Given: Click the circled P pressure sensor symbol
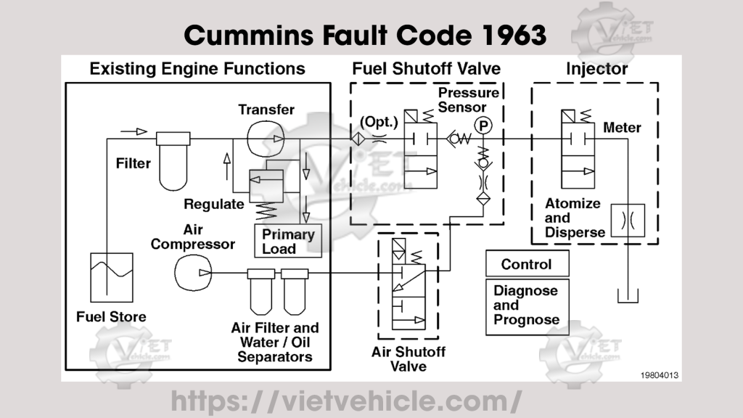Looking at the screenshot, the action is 483,126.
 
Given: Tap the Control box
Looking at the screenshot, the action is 527,263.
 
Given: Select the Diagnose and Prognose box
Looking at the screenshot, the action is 527,307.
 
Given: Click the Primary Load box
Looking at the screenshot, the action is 288,241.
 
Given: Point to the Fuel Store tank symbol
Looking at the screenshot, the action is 111,278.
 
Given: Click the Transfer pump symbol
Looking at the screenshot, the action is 266,139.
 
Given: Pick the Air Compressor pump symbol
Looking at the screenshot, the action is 193,273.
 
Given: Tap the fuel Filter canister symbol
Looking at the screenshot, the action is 173,160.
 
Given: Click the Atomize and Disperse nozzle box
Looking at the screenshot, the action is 628,221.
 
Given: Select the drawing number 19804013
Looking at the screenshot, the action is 659,375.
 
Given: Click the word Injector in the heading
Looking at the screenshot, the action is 596,69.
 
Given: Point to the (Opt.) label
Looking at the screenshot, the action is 379,122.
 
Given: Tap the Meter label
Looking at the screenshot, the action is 622,128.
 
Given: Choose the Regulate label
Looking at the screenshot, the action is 214,204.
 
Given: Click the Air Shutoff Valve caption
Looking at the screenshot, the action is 408,358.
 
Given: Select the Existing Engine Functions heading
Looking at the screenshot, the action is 197,69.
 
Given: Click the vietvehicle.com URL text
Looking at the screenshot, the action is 346,401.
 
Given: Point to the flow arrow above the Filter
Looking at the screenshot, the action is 134,131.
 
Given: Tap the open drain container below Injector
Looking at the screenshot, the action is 628,297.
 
